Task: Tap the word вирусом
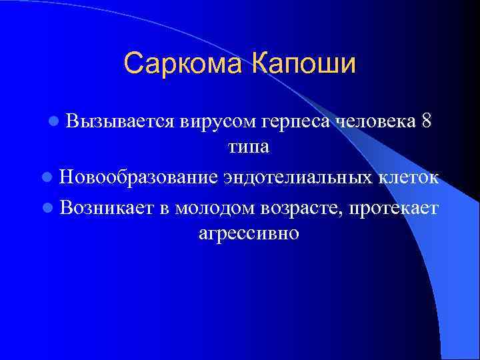pos(218,121)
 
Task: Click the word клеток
pos(409,178)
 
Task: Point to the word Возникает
pos(106,208)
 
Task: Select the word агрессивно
pos(249,234)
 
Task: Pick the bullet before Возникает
pos(45,208)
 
